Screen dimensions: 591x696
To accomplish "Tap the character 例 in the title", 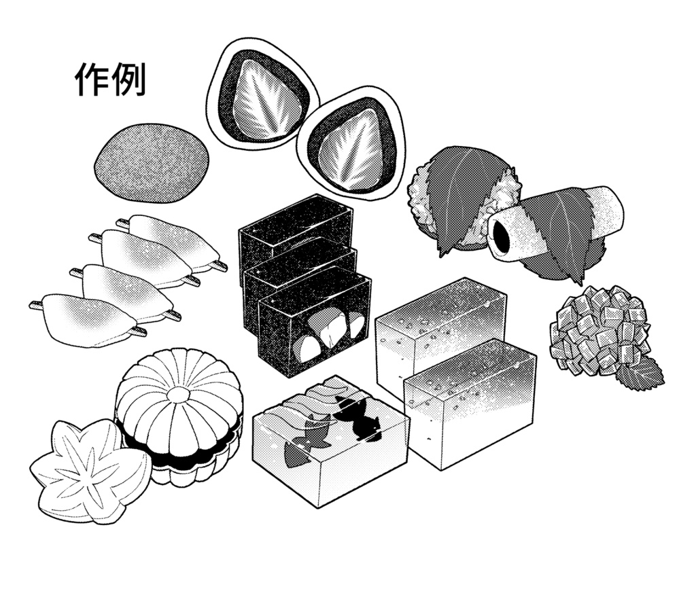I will click(128, 80).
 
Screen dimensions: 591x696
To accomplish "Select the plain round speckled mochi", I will click(151, 163).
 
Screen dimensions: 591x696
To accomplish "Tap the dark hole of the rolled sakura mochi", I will click(502, 235).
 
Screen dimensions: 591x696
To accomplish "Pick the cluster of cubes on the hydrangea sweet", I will click(598, 329).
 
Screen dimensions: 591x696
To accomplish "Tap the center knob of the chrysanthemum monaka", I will click(179, 395).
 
